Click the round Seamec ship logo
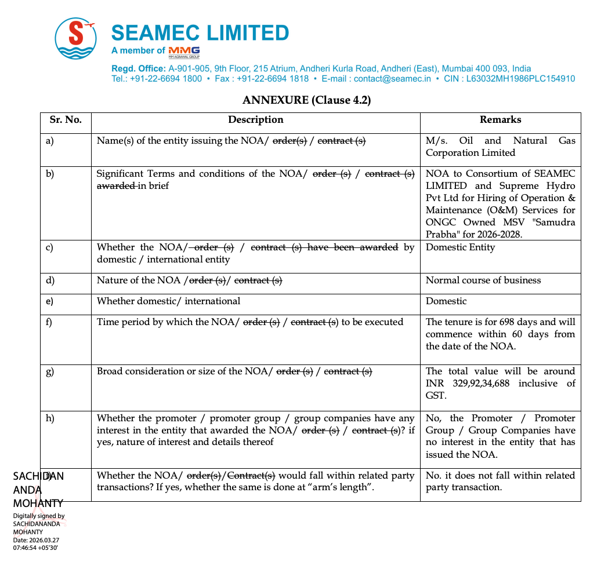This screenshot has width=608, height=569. [76, 38]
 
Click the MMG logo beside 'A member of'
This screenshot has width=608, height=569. [184, 52]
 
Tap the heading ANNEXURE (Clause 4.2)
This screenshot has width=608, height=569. [306, 100]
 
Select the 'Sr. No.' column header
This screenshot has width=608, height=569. [66, 120]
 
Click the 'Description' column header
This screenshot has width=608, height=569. [256, 120]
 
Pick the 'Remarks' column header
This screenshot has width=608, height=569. [500, 120]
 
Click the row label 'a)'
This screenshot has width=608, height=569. [49, 141]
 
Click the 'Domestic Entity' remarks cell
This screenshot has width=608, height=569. [460, 247]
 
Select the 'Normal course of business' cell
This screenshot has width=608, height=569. [483, 280]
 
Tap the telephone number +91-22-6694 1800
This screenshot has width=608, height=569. [166, 79]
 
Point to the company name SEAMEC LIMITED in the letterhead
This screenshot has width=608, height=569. [200, 33]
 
